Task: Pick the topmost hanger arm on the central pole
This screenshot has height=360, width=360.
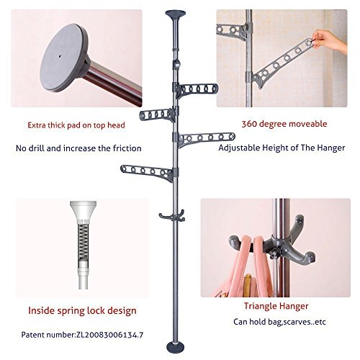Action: (x=201, y=89)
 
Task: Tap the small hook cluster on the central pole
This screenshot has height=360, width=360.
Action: (x=174, y=213)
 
